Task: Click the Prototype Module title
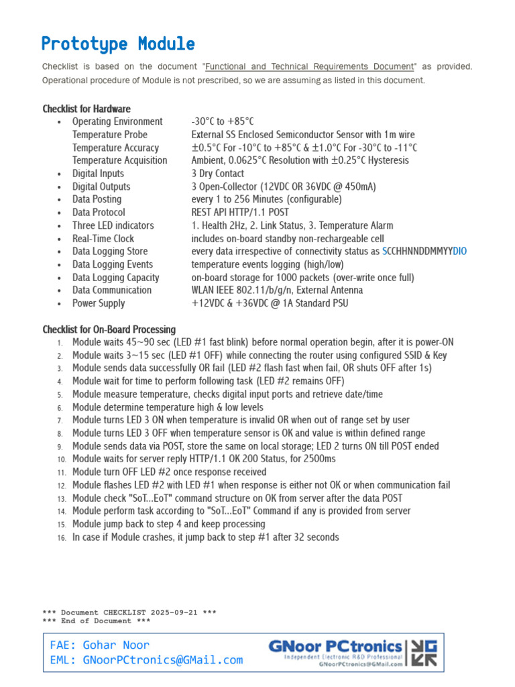118,44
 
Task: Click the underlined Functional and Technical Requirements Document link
310,66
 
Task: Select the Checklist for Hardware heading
87,109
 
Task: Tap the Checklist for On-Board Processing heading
109,329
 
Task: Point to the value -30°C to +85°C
223,121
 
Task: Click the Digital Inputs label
98,174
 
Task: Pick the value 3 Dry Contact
218,174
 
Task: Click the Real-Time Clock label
103,239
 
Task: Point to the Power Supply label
99,303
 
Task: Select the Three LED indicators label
113,225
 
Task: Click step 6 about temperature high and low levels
168,407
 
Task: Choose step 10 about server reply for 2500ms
204,459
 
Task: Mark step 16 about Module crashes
205,537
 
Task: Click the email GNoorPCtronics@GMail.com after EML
163,660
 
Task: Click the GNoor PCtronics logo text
335,647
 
